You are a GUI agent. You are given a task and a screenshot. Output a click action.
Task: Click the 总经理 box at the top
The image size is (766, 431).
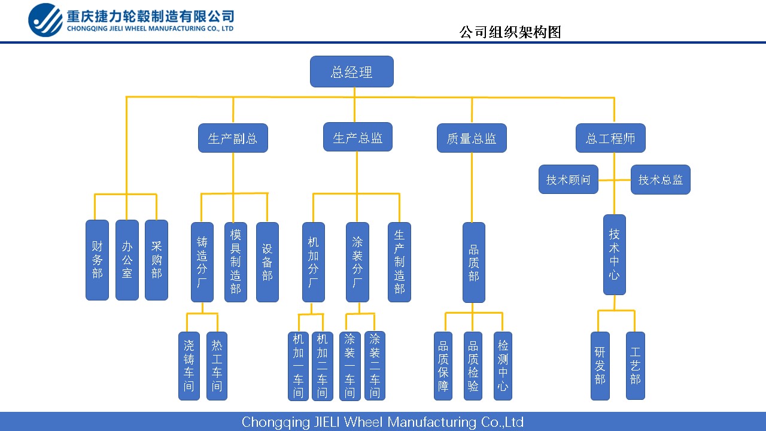pyautogui.click(x=351, y=72)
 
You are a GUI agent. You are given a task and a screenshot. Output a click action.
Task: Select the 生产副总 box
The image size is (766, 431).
pyautogui.click(x=233, y=138)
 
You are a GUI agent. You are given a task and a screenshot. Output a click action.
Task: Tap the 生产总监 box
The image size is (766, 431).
pyautogui.click(x=357, y=137)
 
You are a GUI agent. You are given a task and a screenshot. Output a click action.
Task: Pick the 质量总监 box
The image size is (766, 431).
pyautogui.click(x=472, y=138)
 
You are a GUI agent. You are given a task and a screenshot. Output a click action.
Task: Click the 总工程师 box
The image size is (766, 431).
pyautogui.click(x=610, y=138)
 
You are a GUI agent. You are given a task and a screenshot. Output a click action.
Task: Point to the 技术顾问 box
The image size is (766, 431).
pyautogui.click(x=568, y=180)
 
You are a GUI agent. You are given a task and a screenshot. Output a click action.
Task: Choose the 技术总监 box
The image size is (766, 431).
pyautogui.click(x=660, y=180)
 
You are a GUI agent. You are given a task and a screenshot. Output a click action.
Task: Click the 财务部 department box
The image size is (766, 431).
pyautogui.click(x=97, y=260)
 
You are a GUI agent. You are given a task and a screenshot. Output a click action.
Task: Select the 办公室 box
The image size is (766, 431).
pyautogui.click(x=127, y=260)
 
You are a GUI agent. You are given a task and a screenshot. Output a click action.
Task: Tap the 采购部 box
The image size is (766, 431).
pyautogui.click(x=156, y=260)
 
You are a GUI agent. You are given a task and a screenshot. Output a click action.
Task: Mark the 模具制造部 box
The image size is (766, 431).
pyautogui.click(x=236, y=262)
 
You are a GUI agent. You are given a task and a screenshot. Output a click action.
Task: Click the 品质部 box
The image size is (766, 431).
pyautogui.click(x=473, y=262)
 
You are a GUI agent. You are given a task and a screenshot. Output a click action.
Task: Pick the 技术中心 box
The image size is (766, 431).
pyautogui.click(x=614, y=254)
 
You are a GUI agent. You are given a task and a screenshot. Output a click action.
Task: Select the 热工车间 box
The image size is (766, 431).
pyautogui.click(x=217, y=366)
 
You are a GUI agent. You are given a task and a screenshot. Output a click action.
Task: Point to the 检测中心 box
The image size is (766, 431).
pyautogui.click(x=503, y=366)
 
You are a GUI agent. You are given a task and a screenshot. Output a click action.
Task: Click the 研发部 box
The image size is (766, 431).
pyautogui.click(x=600, y=366)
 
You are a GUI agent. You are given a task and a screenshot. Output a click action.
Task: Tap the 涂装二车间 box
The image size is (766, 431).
pyautogui.click(x=375, y=365)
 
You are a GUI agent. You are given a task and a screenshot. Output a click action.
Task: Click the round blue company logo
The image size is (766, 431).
pyautogui.click(x=45, y=20)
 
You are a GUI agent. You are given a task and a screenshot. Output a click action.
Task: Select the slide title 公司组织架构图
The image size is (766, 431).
pyautogui.click(x=510, y=32)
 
